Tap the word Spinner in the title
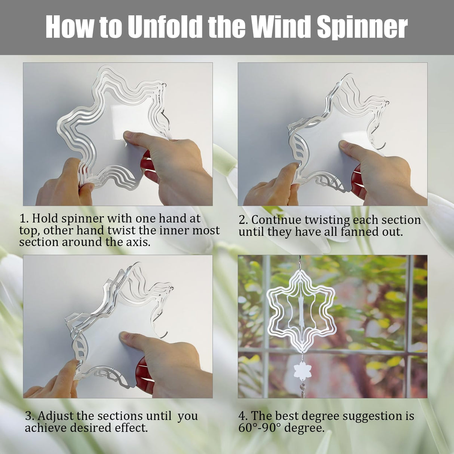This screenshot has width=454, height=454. click(x=362, y=27)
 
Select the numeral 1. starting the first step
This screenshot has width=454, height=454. click(x=24, y=218)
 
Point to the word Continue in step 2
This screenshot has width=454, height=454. click(x=277, y=220)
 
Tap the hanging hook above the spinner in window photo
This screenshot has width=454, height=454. click(x=300, y=262)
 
